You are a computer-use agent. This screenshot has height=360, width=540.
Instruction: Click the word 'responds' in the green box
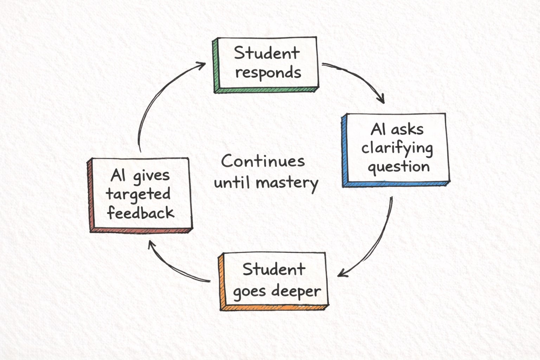268,73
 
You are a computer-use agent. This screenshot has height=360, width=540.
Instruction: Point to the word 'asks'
409,129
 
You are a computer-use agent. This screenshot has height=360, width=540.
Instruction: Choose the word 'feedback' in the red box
141,213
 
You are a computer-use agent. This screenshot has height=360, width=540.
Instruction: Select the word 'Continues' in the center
263,162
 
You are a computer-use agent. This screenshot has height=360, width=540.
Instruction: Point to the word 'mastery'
287,183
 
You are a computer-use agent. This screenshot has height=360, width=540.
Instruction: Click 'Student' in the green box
267,53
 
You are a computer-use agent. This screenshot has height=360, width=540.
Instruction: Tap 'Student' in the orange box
274,270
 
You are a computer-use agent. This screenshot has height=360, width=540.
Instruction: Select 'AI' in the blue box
378,129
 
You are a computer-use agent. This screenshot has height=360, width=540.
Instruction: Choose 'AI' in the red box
118,175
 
